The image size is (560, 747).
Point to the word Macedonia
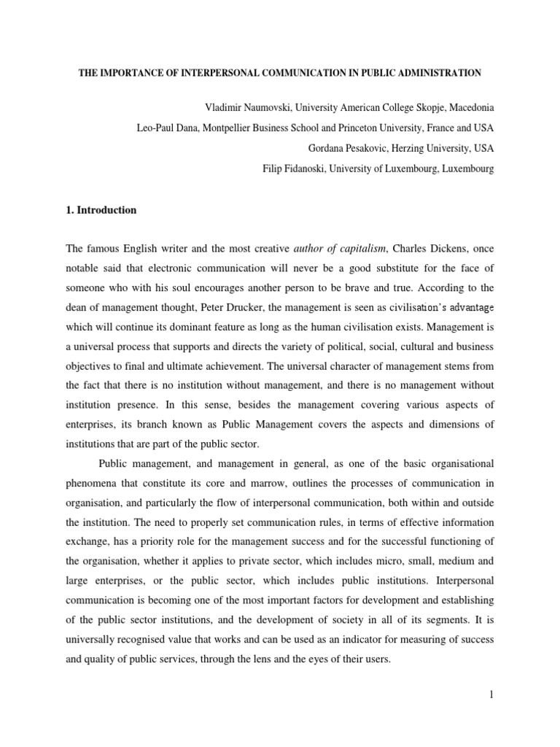click(467, 107)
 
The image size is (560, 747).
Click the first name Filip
click(274, 169)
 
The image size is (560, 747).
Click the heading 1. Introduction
click(101, 210)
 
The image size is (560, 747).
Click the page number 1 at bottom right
click(492, 695)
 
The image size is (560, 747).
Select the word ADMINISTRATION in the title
click(435, 73)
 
